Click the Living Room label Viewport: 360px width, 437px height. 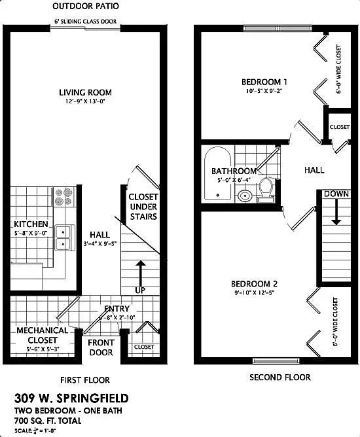click(84, 92)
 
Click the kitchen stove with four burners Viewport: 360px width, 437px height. click(65, 196)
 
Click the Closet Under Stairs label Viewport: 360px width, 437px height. click(143, 207)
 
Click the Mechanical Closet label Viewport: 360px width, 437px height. click(42, 335)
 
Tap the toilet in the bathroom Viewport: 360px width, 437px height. click(266, 187)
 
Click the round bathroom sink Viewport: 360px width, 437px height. click(244, 195)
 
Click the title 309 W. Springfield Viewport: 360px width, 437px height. click(71, 398)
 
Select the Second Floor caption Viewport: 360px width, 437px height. click(280, 377)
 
